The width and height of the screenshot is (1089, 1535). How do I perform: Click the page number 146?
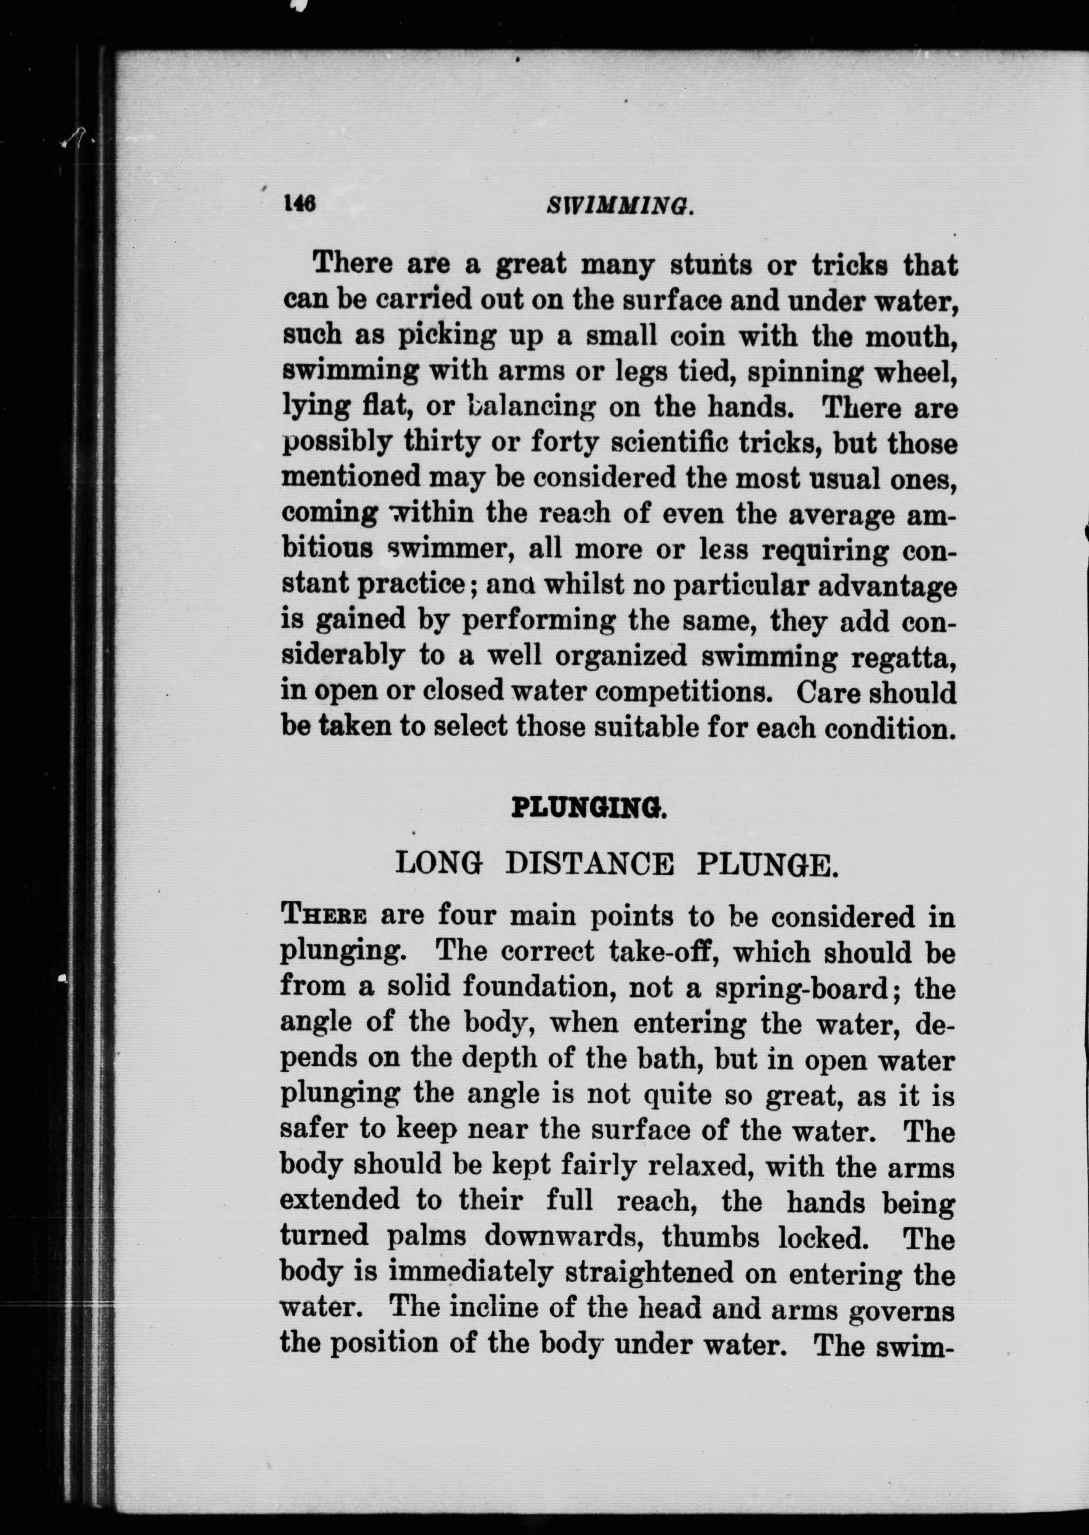point(299,203)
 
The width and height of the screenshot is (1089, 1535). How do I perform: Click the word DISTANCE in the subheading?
point(589,864)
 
